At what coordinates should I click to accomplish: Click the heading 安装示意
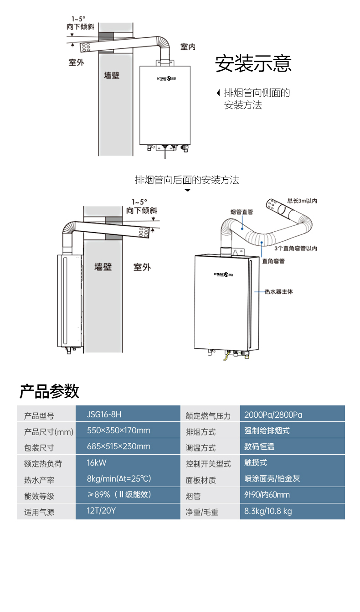click(253, 64)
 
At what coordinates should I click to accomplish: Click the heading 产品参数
click(49, 391)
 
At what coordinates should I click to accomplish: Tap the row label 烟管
click(193, 496)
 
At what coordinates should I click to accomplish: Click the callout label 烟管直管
click(242, 212)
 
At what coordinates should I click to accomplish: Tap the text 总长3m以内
click(302, 200)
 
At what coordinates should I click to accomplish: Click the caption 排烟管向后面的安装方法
click(187, 180)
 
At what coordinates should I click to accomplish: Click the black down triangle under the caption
click(187, 190)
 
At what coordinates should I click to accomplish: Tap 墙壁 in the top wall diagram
click(112, 75)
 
